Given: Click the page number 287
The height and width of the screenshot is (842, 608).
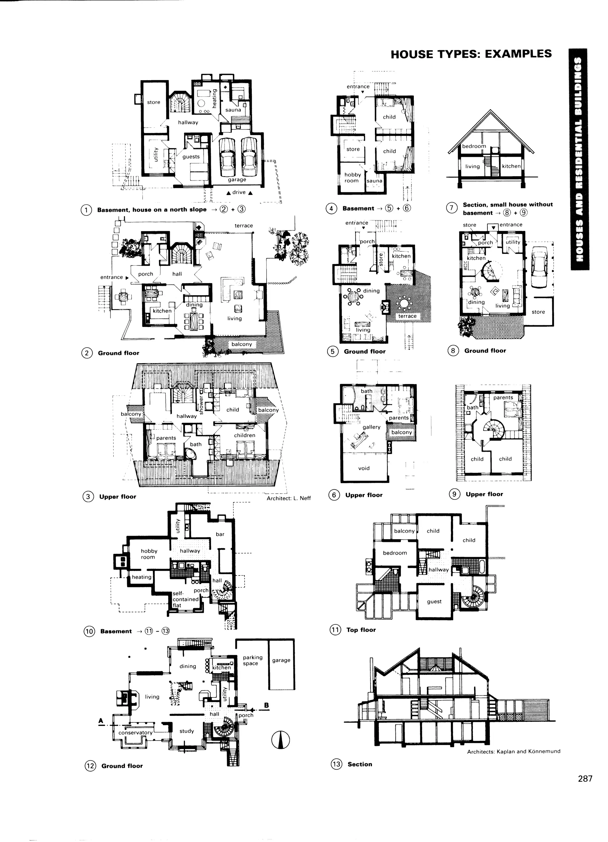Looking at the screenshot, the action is (x=585, y=786).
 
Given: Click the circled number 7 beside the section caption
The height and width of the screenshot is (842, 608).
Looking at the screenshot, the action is (x=451, y=208).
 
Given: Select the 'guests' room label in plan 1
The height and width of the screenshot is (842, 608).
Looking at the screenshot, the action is (x=191, y=157).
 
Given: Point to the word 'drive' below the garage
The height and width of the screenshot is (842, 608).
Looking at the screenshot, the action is (x=239, y=192).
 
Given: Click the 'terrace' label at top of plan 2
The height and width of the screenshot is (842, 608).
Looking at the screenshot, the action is (x=244, y=226).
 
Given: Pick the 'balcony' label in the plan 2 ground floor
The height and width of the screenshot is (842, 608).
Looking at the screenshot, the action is (x=241, y=344).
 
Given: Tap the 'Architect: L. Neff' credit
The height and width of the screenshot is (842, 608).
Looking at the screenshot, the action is (x=289, y=498).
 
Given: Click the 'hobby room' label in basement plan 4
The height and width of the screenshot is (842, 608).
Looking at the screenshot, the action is (x=352, y=177).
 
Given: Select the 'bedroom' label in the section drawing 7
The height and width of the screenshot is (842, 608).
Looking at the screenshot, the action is (x=474, y=146).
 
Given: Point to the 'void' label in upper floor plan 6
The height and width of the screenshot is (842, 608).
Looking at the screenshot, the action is (x=364, y=468).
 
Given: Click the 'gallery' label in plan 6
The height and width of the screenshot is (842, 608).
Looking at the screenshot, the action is (x=371, y=427).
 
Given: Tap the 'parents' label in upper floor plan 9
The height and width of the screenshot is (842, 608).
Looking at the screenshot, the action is (x=503, y=398).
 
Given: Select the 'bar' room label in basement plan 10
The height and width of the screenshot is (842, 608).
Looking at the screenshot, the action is (x=220, y=534).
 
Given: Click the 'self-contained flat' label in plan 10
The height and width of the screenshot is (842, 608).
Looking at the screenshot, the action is (x=185, y=599).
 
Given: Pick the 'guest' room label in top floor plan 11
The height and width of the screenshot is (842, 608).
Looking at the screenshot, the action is (x=434, y=602).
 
